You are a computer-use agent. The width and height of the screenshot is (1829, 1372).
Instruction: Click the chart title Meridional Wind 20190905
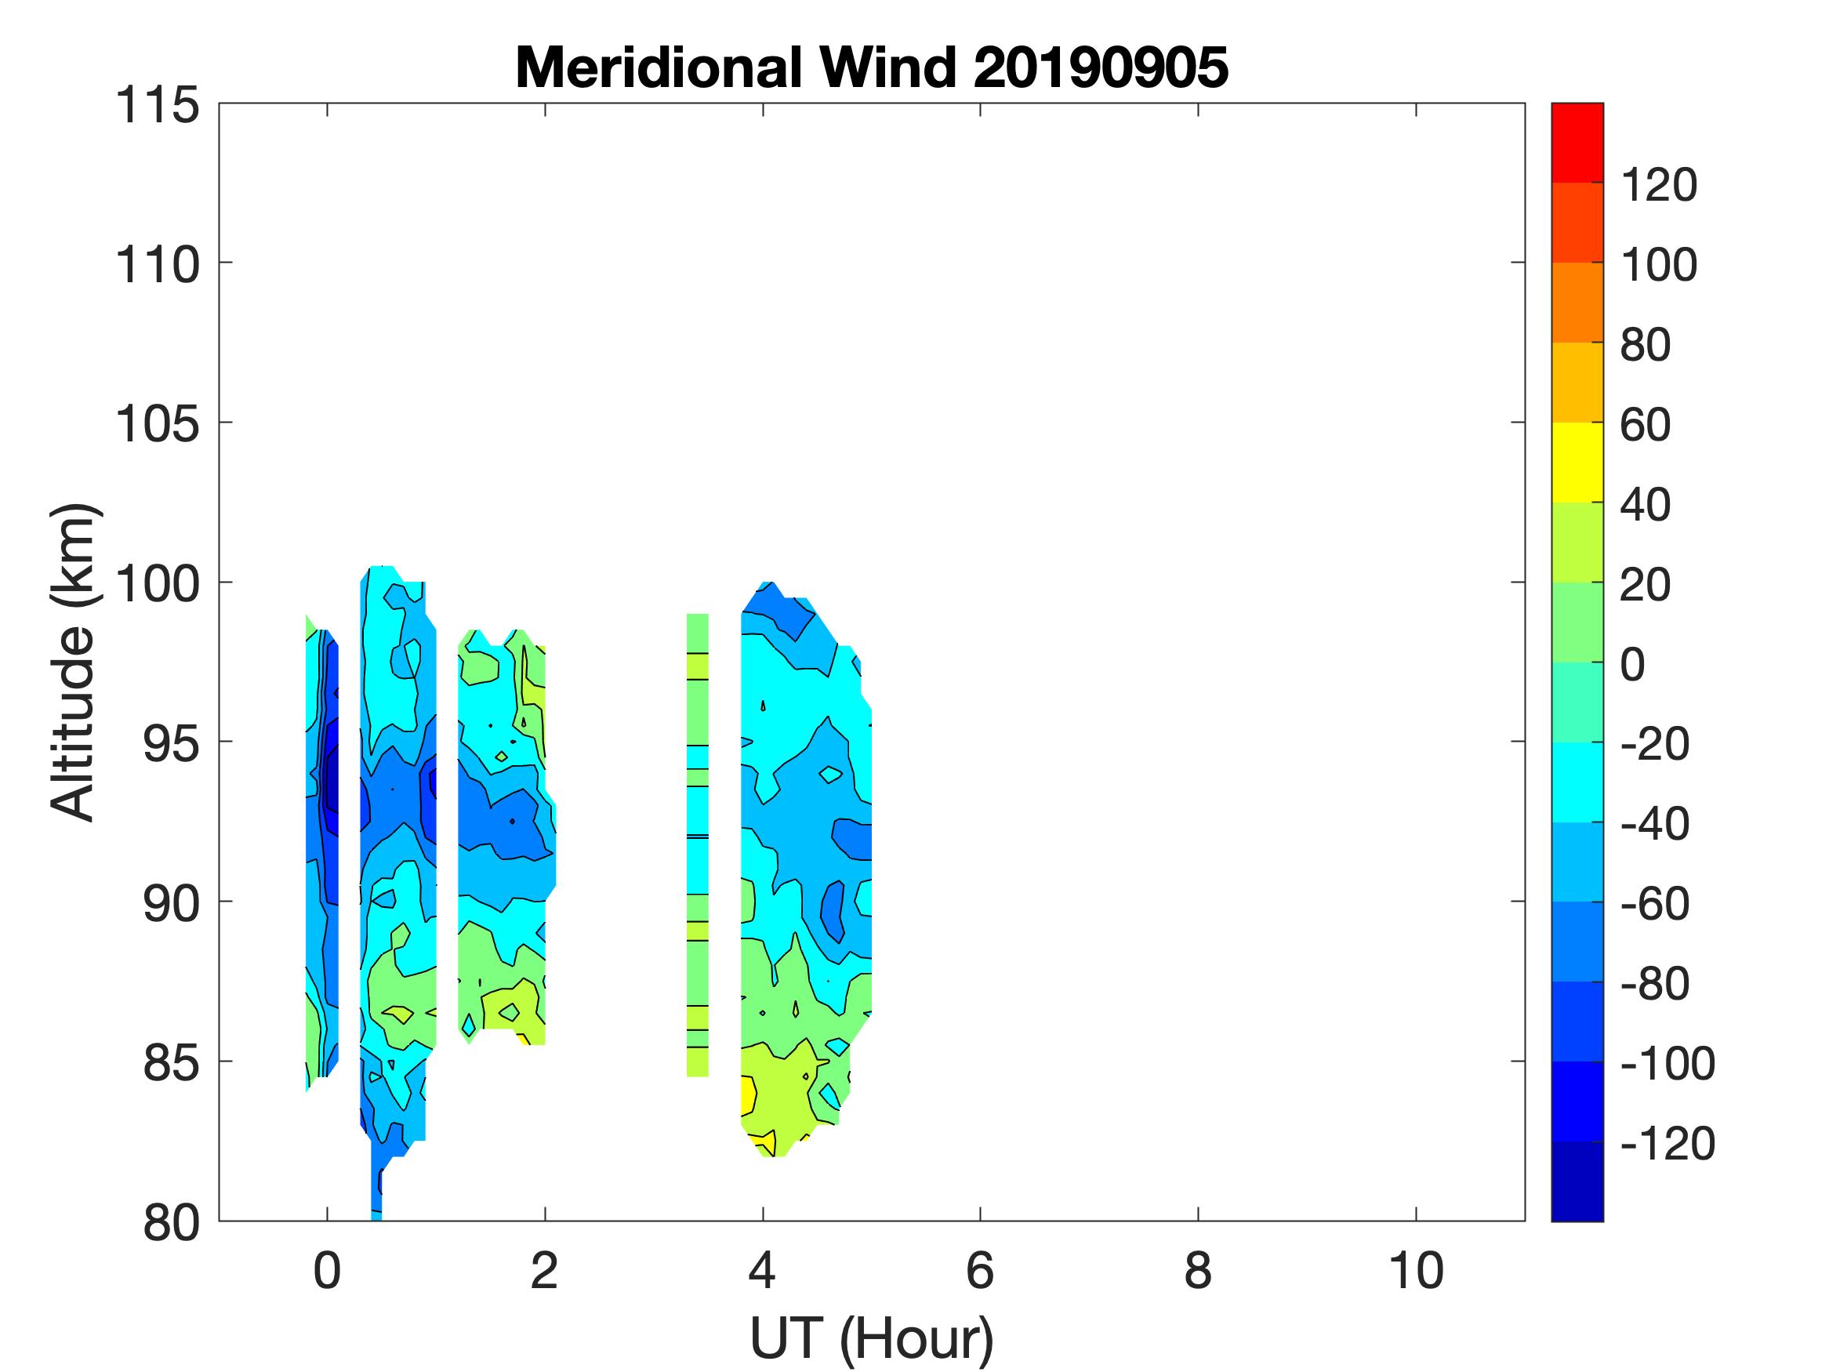[872, 67]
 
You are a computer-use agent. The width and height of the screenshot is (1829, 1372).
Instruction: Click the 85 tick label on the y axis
[170, 1062]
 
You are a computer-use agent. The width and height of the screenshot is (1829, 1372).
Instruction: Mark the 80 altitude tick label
[170, 1222]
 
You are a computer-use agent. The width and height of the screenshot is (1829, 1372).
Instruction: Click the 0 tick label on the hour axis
[328, 1270]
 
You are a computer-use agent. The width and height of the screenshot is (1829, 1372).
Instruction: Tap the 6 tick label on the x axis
[980, 1270]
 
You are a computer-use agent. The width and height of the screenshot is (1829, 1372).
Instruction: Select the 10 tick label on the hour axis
[1416, 1270]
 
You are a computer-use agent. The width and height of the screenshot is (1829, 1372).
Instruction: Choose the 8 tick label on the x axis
[1198, 1270]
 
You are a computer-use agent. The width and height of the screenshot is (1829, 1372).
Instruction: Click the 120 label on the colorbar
[1658, 184]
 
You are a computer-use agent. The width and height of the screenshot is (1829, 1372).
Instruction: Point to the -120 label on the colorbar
[1667, 1144]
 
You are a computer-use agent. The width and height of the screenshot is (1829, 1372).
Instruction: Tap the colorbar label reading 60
[1646, 425]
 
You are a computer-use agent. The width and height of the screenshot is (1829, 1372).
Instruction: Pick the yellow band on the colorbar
[1577, 463]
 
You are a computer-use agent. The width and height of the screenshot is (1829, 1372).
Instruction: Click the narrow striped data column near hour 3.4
[698, 844]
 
